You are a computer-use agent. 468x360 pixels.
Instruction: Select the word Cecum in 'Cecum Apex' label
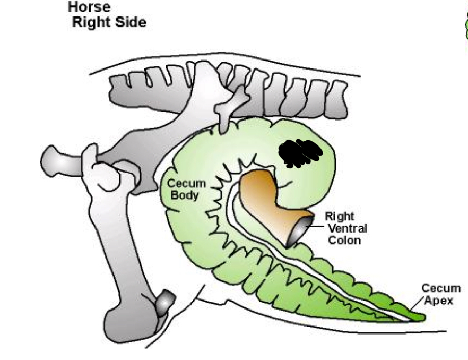tap(441, 289)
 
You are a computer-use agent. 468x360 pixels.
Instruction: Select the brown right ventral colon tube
tap(265, 202)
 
